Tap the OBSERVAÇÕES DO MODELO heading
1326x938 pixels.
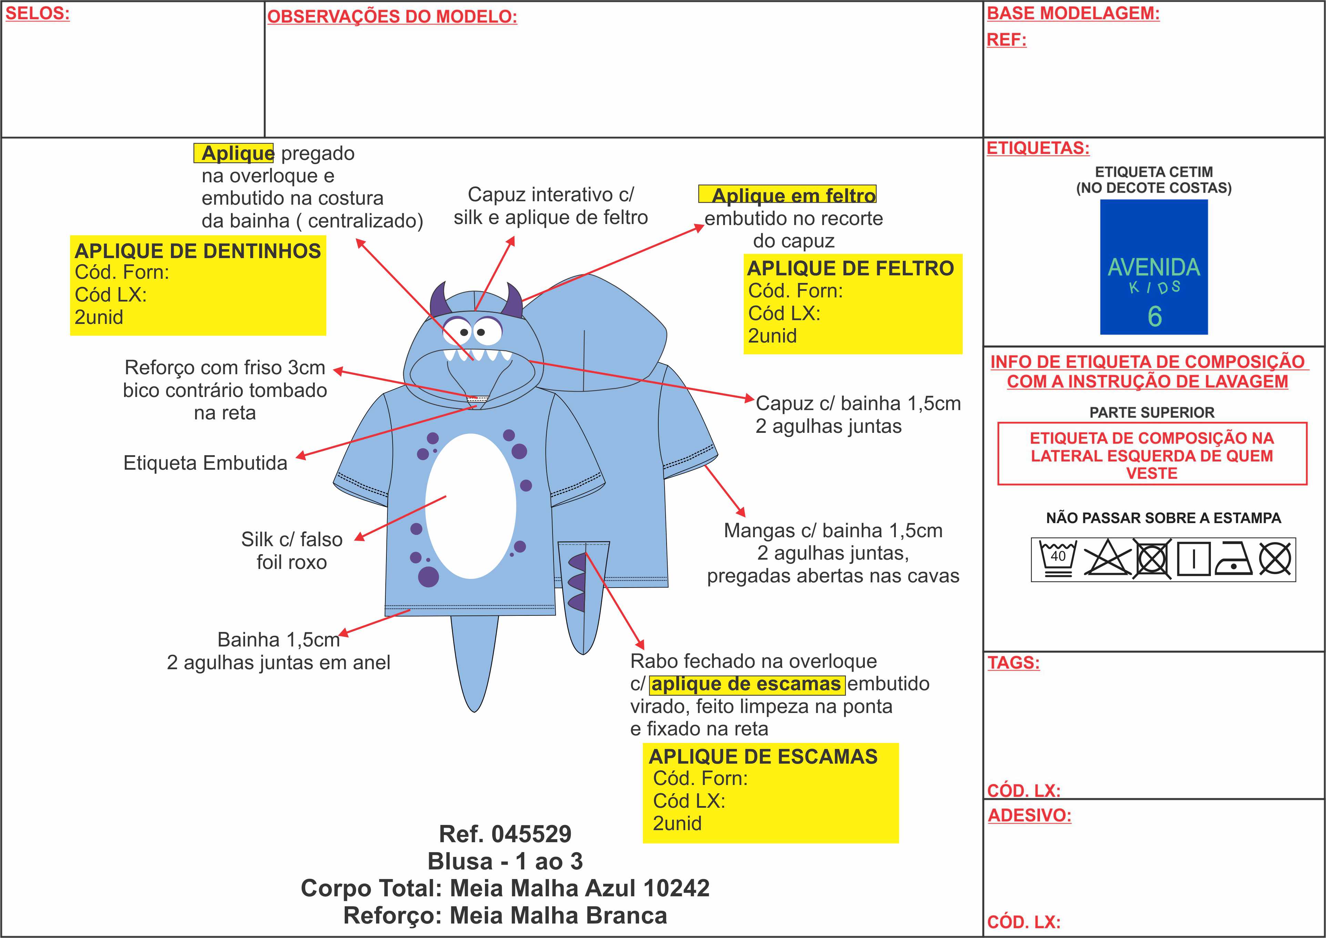pyautogui.click(x=392, y=17)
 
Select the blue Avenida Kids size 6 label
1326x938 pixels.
pyautogui.click(x=1153, y=267)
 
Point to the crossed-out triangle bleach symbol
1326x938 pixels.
pyautogui.click(x=1106, y=559)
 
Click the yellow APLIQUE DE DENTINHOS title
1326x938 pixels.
pyautogui.click(x=198, y=251)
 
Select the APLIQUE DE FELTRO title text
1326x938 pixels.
pyautogui.click(x=850, y=268)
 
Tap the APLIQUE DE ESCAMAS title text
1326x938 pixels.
pyautogui.click(x=763, y=757)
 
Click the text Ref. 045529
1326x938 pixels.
pyautogui.click(x=505, y=834)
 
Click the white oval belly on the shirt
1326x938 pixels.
pyautogui.click(x=471, y=506)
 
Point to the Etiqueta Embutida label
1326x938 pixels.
pyautogui.click(x=205, y=463)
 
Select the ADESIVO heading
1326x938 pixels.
pyautogui.click(x=1029, y=816)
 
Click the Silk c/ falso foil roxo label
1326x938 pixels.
pyautogui.click(x=292, y=550)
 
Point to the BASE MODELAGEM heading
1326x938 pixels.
pyautogui.click(x=1073, y=13)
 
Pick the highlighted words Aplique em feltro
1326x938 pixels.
pyautogui.click(x=793, y=195)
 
